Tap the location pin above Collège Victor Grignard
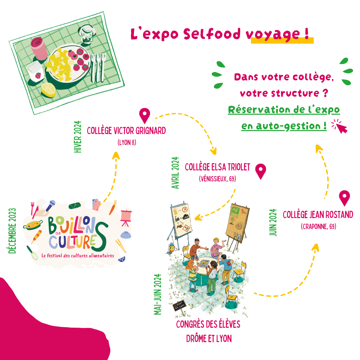tap(144, 115)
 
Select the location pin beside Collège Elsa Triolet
tap(261, 171)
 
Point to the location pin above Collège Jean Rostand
tap(344, 197)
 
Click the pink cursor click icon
tap(340, 126)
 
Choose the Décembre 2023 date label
tap(13, 231)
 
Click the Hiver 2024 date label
tap(78, 137)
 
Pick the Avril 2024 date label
tap(176, 173)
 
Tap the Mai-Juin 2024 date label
tap(157, 294)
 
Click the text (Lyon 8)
tap(127, 143)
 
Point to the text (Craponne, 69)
tap(318, 227)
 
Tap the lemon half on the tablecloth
tap(49, 90)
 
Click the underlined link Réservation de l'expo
tap(284, 110)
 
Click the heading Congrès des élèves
tap(208, 324)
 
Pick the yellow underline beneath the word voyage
tap(282, 40)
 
